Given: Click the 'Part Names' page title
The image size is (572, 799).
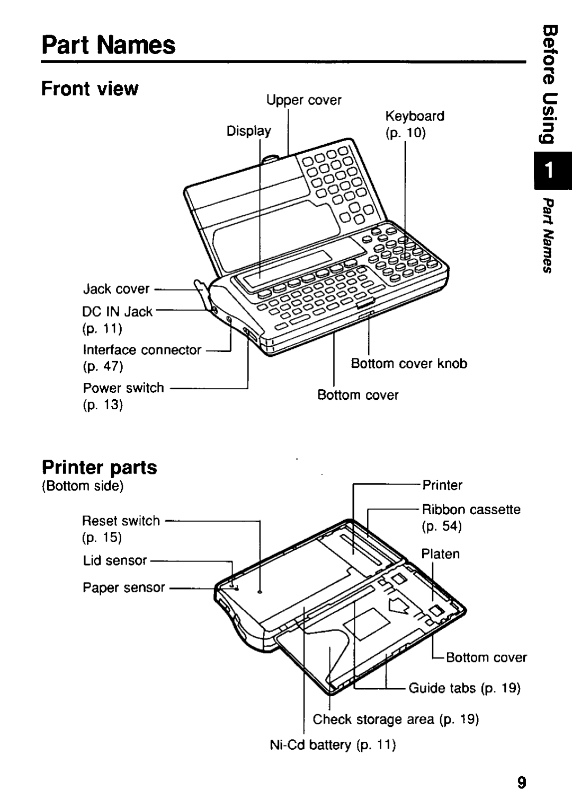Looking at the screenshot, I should [x=108, y=45].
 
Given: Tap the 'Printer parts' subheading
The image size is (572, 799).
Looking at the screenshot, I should [x=99, y=467].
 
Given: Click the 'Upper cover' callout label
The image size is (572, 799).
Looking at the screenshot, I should [x=303, y=100].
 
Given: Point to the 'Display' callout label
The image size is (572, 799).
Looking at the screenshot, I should [x=249, y=130].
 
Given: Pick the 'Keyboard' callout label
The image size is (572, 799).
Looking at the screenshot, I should [x=414, y=116].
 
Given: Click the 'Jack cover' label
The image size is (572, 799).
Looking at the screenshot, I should [x=117, y=289].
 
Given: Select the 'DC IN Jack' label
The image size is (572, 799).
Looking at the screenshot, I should [x=117, y=312].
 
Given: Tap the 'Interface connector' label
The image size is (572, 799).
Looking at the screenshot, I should [x=142, y=350].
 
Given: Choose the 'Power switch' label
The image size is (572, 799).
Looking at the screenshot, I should [x=123, y=388].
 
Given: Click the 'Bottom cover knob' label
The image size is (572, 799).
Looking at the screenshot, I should [x=409, y=364].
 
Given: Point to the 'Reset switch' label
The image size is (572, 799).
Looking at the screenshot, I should [x=121, y=521].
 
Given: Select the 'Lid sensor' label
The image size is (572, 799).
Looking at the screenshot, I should [x=115, y=560].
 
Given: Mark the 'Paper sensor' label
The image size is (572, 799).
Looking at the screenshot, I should [x=124, y=587].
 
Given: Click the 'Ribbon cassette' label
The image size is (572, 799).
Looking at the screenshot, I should [x=471, y=510].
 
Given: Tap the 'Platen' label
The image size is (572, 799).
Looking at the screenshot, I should [x=440, y=554].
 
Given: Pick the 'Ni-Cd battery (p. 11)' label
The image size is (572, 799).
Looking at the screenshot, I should [x=333, y=745].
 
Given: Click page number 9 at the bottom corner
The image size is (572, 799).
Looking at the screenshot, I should [x=522, y=783].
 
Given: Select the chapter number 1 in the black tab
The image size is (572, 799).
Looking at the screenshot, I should [x=550, y=171].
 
